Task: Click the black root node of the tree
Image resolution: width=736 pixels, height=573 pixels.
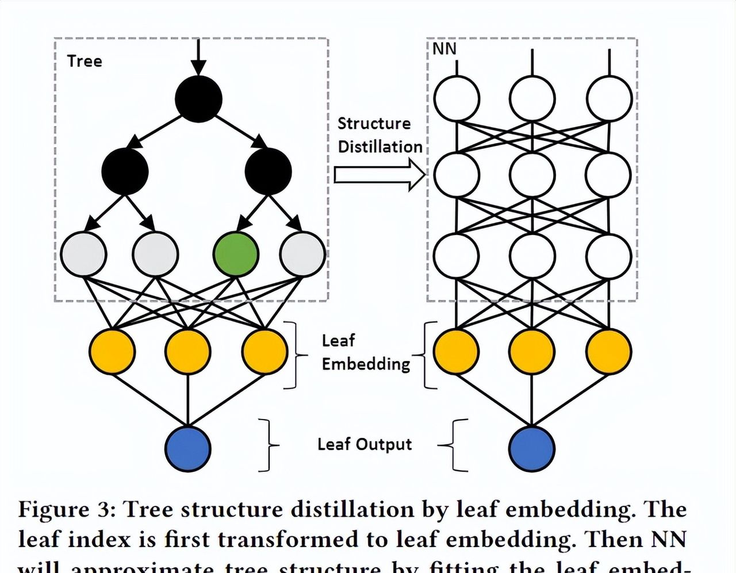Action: tap(198, 98)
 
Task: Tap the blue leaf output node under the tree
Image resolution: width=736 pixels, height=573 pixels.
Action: tap(188, 448)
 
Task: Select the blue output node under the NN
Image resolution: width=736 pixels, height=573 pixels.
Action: tap(532, 448)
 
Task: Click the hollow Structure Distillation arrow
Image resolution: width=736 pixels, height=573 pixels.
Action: tap(379, 175)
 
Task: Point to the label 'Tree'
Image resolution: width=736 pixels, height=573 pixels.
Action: tap(85, 61)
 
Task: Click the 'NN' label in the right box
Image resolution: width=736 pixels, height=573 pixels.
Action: tap(444, 49)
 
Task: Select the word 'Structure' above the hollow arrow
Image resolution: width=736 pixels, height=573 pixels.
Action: tap(374, 124)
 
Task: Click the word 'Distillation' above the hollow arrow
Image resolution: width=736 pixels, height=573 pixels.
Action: tap(380, 147)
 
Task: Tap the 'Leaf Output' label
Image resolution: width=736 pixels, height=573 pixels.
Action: tap(365, 444)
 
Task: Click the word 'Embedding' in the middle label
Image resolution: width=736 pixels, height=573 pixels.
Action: tap(366, 364)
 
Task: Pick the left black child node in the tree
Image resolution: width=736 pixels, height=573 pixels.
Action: tap(125, 171)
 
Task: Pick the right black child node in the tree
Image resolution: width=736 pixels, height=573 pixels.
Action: tap(268, 171)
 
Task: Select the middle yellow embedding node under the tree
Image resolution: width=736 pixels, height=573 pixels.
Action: tap(188, 351)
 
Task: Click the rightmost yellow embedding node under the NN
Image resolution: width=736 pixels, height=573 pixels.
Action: tap(609, 351)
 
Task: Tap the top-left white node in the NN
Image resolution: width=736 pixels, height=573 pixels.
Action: tap(457, 98)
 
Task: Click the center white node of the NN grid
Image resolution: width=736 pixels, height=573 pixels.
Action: tap(532, 175)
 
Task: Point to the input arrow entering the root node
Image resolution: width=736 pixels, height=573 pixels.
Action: tap(198, 57)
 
